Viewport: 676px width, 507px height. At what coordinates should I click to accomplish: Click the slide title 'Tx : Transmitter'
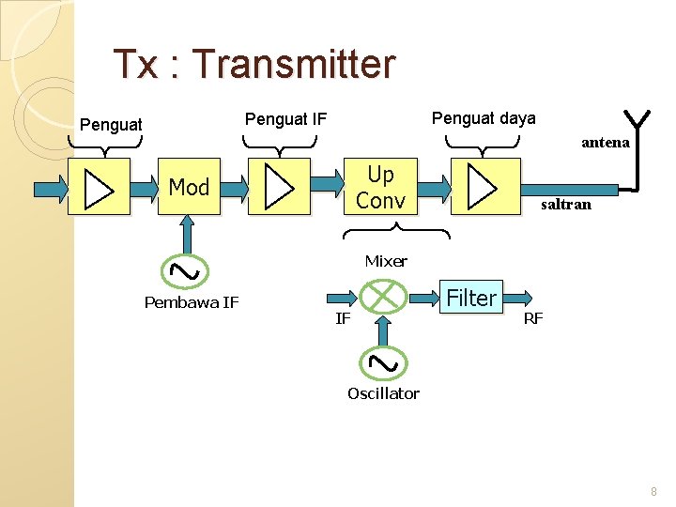click(x=253, y=64)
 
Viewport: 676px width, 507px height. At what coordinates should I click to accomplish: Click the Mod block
click(x=189, y=187)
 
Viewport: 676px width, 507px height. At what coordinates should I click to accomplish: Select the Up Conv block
click(x=380, y=187)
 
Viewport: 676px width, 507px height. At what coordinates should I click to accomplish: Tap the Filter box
click(x=471, y=298)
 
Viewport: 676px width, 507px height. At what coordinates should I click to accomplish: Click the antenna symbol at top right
click(x=638, y=120)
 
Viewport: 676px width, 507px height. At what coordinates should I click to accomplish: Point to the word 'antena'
click(x=606, y=143)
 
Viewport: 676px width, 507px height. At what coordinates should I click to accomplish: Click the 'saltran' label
click(x=564, y=204)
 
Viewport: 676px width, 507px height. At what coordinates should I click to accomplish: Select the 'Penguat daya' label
click(x=484, y=118)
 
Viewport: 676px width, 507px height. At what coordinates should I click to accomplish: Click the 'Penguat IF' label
click(x=285, y=118)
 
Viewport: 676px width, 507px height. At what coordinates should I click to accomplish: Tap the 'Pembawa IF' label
click(x=192, y=301)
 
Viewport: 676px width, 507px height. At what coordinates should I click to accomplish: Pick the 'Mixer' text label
click(x=386, y=261)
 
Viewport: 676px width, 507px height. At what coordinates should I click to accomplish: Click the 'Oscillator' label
click(x=383, y=393)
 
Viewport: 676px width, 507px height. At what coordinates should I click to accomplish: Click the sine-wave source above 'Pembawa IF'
click(x=186, y=270)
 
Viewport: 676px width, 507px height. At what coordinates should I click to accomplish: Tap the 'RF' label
click(x=533, y=318)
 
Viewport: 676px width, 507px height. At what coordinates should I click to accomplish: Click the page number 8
click(x=653, y=491)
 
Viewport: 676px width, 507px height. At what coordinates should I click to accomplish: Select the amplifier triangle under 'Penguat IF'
click(x=279, y=187)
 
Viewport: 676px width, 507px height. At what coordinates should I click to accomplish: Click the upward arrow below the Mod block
click(x=188, y=235)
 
